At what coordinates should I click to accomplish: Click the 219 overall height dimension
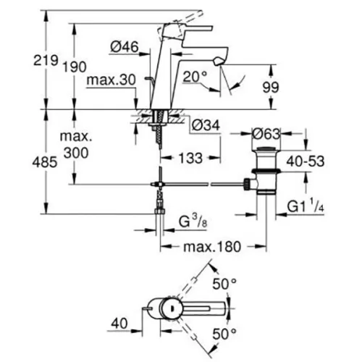[46, 60]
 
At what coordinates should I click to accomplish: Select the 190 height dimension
[75, 67]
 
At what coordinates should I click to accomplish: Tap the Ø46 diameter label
[125, 46]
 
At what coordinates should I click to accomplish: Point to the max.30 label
[111, 80]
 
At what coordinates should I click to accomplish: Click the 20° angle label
[195, 77]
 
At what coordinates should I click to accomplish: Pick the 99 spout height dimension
[271, 87]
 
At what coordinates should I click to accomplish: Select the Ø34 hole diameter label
[206, 125]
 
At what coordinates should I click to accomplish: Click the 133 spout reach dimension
[190, 158]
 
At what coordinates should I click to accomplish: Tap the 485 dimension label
[45, 162]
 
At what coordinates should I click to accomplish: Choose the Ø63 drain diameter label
[266, 133]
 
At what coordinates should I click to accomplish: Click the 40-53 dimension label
[306, 161]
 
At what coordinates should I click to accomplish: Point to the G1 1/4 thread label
[306, 206]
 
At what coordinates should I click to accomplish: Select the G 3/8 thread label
[193, 222]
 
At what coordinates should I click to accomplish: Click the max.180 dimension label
[212, 247]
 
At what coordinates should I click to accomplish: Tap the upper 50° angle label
[224, 284]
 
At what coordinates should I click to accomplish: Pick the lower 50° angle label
[224, 334]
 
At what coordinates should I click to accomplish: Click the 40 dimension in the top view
[119, 323]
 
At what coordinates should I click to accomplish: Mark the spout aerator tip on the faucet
[218, 61]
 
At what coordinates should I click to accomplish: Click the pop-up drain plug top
[266, 149]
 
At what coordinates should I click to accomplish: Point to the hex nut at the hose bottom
[159, 211]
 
